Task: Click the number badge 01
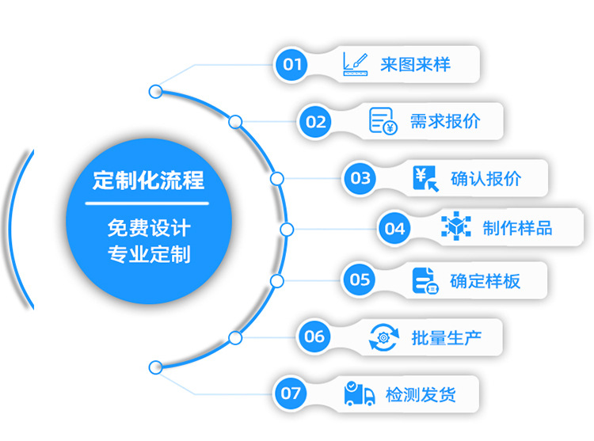291,64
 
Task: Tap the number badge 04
394,229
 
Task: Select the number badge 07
291,393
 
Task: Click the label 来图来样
416,64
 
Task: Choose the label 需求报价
445,121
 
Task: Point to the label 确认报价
486,178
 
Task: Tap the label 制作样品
517,228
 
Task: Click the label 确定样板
485,281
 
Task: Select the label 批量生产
447,337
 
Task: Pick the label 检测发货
421,394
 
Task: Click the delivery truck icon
359,393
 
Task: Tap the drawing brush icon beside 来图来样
356,64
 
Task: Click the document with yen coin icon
383,121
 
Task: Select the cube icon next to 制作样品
456,226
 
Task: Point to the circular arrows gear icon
384,337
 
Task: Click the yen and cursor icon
426,179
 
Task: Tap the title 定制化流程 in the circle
149,181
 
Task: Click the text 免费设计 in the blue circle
149,228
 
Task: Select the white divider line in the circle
147,203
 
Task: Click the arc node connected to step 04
287,230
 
